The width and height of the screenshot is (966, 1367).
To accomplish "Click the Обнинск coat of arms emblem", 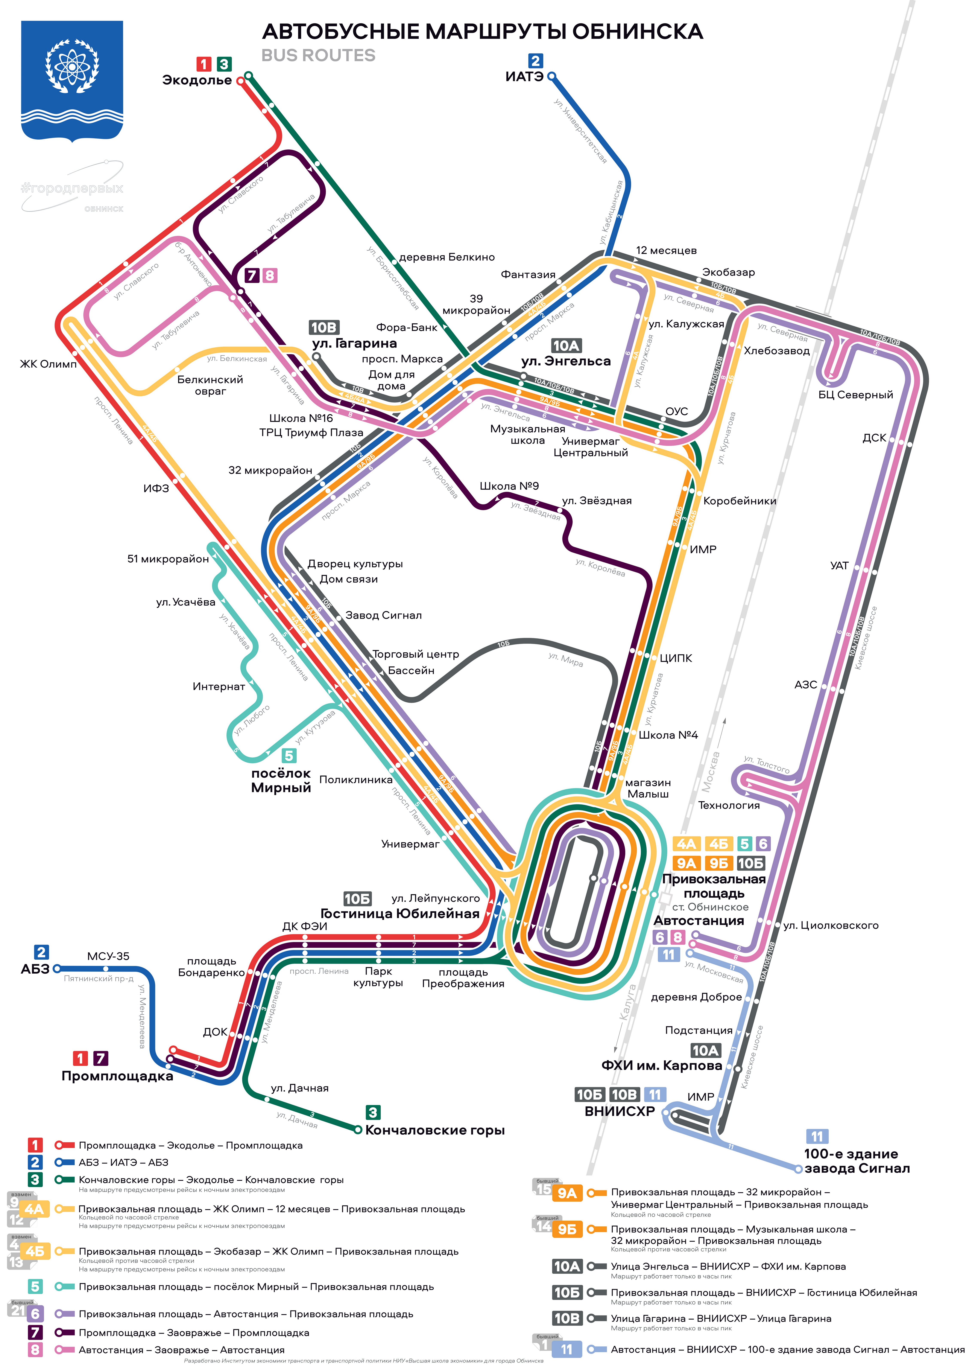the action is pos(72,81).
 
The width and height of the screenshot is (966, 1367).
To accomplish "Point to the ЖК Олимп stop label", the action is pos(48,364).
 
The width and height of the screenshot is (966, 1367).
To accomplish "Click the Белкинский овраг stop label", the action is pos(210,385).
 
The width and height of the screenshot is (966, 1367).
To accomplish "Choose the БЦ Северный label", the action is pos(855,395).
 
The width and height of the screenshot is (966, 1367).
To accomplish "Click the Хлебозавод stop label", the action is pos(777,351).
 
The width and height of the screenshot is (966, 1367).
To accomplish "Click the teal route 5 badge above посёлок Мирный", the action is pos(289,755).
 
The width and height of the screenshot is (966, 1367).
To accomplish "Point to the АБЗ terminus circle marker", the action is pos(57,969).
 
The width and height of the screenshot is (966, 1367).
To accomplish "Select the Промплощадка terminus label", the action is pos(117,1076).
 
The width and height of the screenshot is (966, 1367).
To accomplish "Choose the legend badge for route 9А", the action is pos(567,1193).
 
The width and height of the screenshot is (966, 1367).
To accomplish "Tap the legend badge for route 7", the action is pos(35,1332).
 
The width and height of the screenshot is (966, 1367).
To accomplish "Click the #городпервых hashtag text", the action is pos(72,189).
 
